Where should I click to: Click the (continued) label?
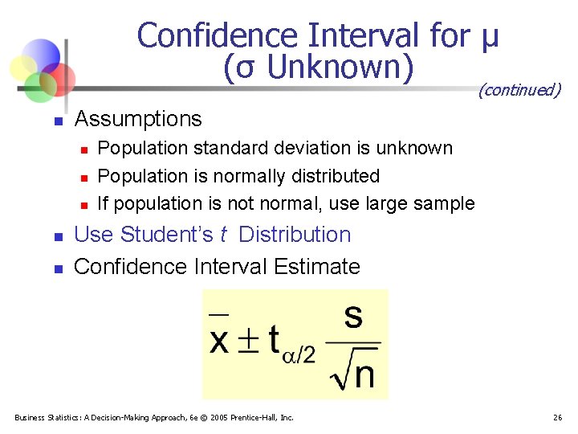[x=519, y=90]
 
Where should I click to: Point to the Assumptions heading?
[x=138, y=119]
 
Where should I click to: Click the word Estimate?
[x=319, y=266]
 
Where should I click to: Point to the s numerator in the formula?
[x=353, y=316]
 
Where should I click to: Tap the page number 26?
[x=557, y=417]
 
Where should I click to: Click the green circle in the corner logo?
[x=39, y=84]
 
